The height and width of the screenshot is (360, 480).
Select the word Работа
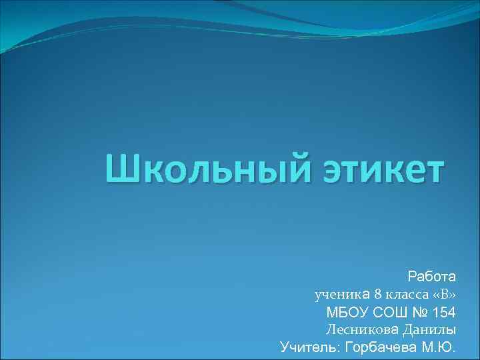(431, 275)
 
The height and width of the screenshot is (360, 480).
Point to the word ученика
(342, 293)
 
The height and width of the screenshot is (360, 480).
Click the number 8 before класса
(378, 293)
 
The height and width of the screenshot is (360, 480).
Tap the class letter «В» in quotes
(445, 293)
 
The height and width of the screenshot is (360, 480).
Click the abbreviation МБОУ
(346, 311)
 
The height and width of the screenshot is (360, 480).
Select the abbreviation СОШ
(387, 311)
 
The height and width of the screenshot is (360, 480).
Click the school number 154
(445, 311)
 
